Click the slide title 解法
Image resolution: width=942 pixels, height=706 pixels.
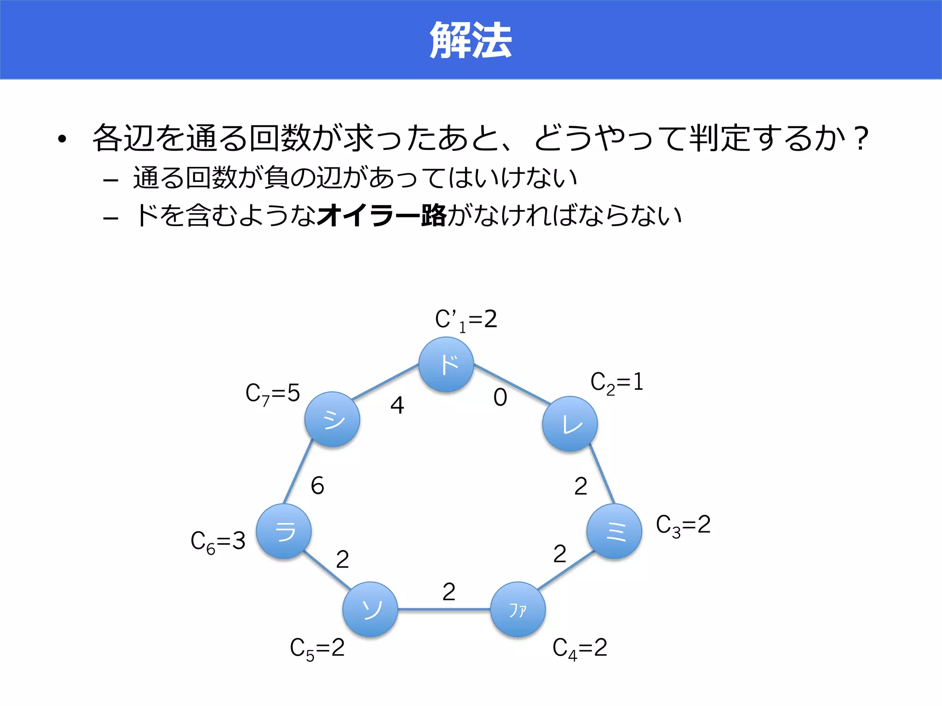[x=471, y=40]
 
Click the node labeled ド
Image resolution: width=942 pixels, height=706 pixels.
[x=446, y=364]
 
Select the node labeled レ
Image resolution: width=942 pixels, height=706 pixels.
[x=570, y=424]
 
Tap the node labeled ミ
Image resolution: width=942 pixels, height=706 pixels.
[x=614, y=531]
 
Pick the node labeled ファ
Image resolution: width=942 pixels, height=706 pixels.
[x=518, y=609]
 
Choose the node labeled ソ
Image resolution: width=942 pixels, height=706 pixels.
[x=370, y=609]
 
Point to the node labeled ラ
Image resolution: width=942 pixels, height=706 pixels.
[x=284, y=531]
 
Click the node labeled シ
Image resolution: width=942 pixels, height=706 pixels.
[x=332, y=419]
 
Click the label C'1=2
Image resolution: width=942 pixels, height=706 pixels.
[x=466, y=320]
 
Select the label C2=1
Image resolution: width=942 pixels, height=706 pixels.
[x=616, y=382]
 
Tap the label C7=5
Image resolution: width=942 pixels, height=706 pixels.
[x=272, y=394]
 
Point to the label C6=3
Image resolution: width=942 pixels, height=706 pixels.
[x=218, y=541]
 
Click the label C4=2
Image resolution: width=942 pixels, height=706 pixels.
[x=580, y=649]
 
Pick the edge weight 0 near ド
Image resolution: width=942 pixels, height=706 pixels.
[x=500, y=398]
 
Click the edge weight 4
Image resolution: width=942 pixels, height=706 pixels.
[x=397, y=405]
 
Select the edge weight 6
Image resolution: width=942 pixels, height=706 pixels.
[x=317, y=486]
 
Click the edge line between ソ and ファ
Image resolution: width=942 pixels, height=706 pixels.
[x=444, y=609]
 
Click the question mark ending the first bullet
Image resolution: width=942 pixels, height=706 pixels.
[x=859, y=138]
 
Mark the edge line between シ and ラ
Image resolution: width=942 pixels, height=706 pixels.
[x=298, y=472]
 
